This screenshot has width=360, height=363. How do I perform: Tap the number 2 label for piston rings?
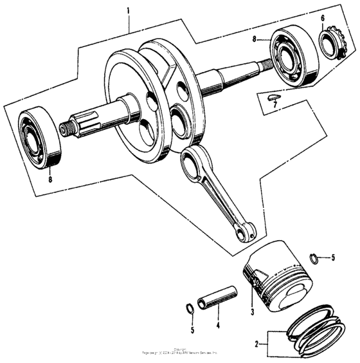click(257, 344)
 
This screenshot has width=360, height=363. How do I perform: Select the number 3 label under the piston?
click(253, 312)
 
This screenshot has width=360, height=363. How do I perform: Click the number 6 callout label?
click(323, 17)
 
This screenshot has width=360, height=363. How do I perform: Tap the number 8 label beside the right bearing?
click(255, 39)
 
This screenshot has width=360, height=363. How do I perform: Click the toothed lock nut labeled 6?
click(332, 42)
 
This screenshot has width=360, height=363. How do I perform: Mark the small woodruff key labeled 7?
click(271, 97)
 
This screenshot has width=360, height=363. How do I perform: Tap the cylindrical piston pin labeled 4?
click(217, 297)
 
